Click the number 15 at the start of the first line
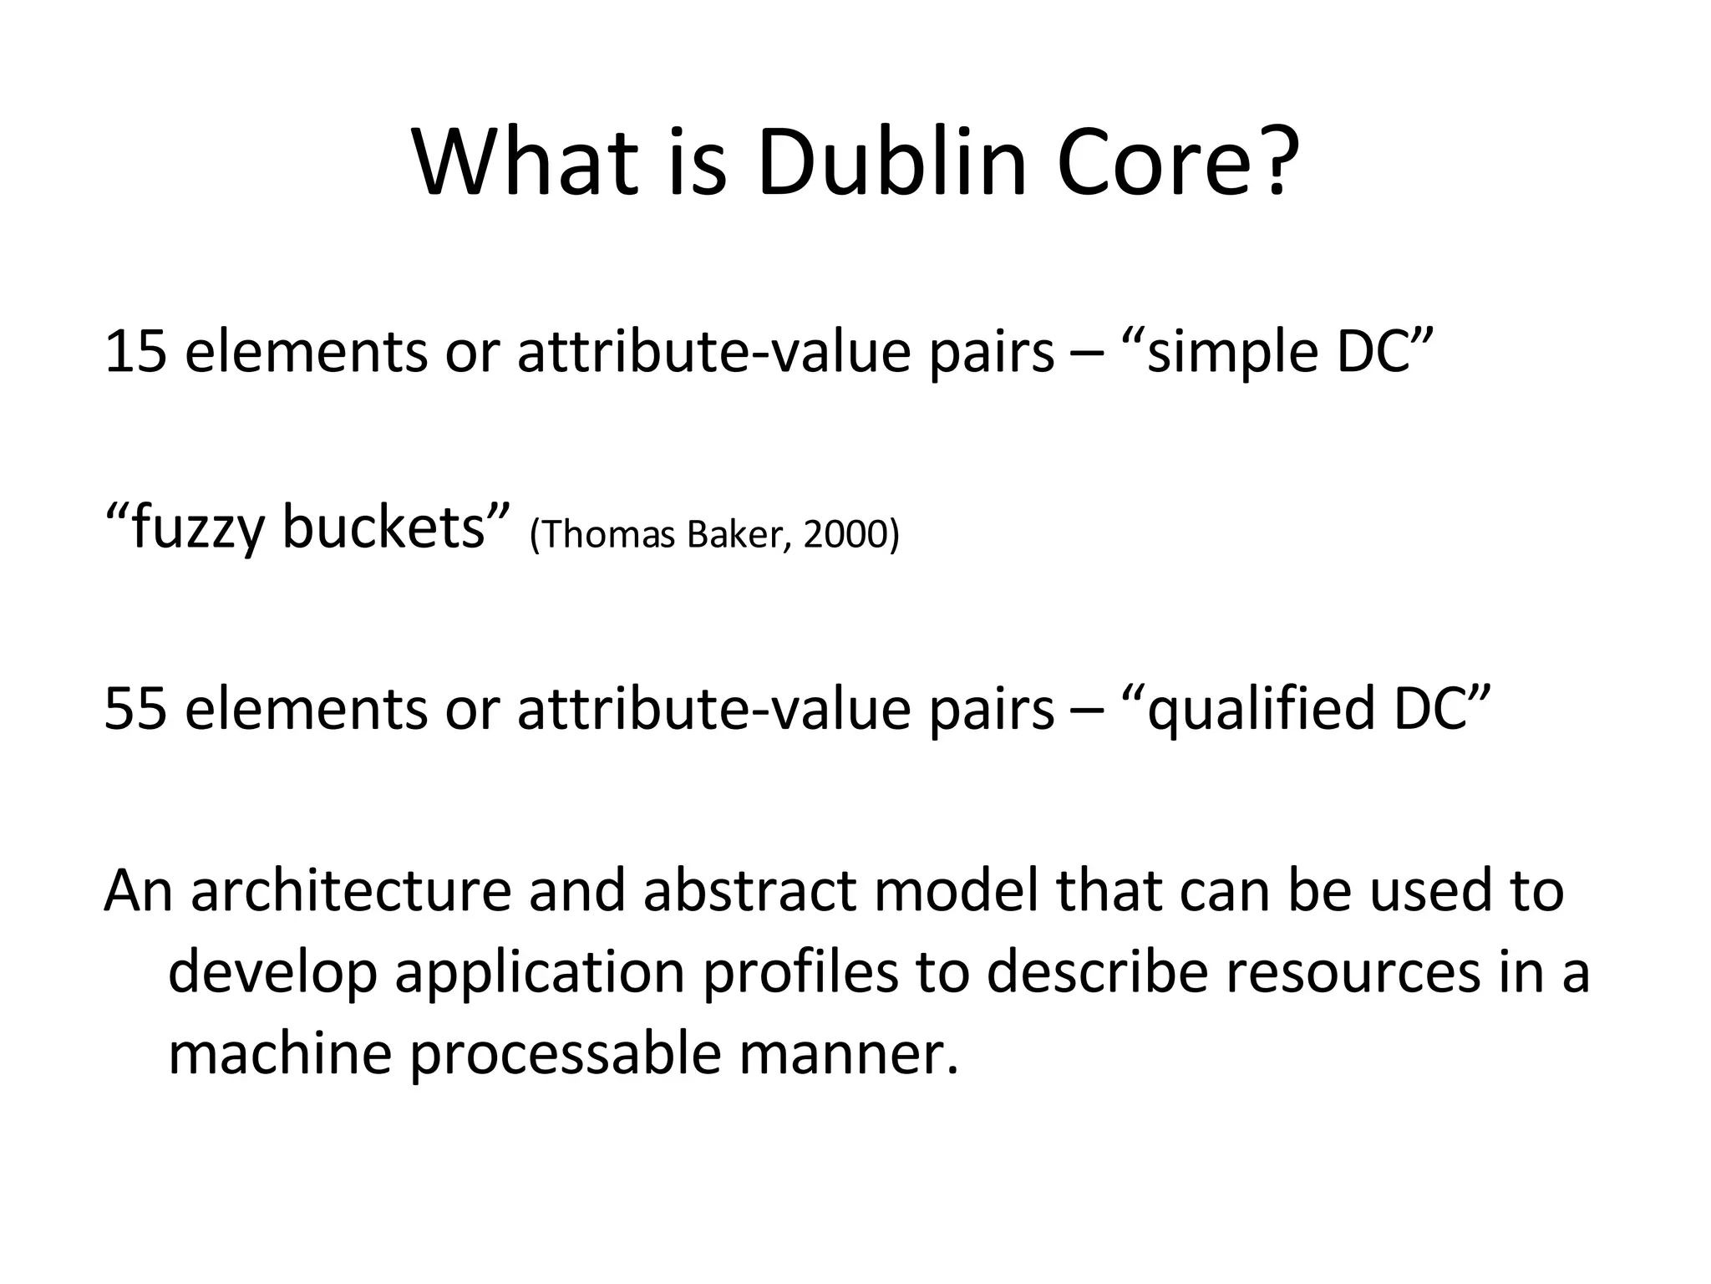coord(135,352)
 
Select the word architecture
coord(351,891)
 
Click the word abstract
coord(749,891)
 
